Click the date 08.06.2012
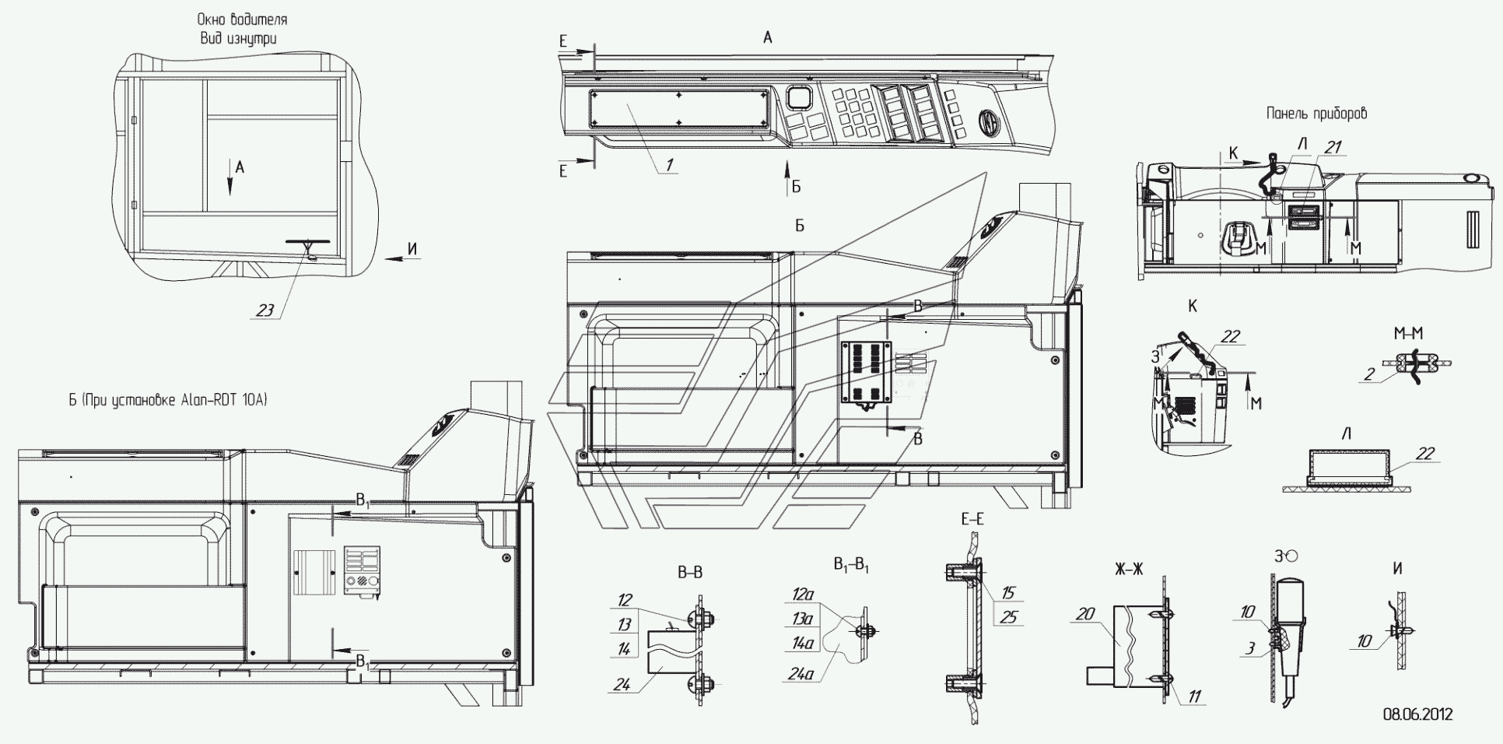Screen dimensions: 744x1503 (1417, 714)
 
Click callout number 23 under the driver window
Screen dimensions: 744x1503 (265, 310)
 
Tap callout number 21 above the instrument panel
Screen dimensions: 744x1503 (1333, 146)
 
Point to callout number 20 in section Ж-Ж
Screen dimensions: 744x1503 (1085, 614)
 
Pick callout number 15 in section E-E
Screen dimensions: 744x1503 (1007, 593)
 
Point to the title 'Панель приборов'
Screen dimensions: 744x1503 (1316, 113)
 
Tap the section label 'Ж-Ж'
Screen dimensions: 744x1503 (1127, 568)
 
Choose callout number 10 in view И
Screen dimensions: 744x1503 (1364, 641)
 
